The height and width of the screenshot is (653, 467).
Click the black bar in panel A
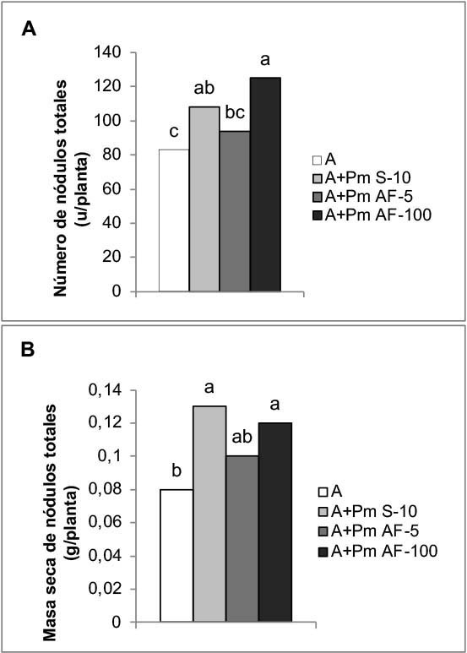pyautogui.click(x=265, y=184)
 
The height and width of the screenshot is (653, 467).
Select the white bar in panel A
pyautogui.click(x=174, y=220)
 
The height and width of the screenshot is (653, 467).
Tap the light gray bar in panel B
pyautogui.click(x=209, y=514)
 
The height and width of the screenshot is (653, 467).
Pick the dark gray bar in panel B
pyautogui.click(x=242, y=538)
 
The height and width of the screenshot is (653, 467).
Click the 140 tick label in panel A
pyautogui.click(x=107, y=52)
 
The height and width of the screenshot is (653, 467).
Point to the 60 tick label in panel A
pyautogui.click(x=112, y=189)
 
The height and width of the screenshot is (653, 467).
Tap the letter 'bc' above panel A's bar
pyautogui.click(x=235, y=112)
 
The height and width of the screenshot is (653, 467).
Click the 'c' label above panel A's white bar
pyautogui.click(x=174, y=132)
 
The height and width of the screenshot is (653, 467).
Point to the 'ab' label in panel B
pyautogui.click(x=242, y=438)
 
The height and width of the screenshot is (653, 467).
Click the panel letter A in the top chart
pyautogui.click(x=29, y=30)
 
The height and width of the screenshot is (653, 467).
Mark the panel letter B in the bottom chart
pyautogui.click(x=28, y=350)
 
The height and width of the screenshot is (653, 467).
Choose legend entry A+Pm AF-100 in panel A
pyautogui.click(x=372, y=215)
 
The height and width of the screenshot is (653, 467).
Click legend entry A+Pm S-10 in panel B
pyautogui.click(x=367, y=511)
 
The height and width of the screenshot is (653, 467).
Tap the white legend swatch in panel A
pyautogui.click(x=318, y=161)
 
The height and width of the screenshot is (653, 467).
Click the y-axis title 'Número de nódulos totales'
pyautogui.click(x=61, y=188)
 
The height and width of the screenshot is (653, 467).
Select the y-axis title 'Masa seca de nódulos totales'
pyautogui.click(x=51, y=522)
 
